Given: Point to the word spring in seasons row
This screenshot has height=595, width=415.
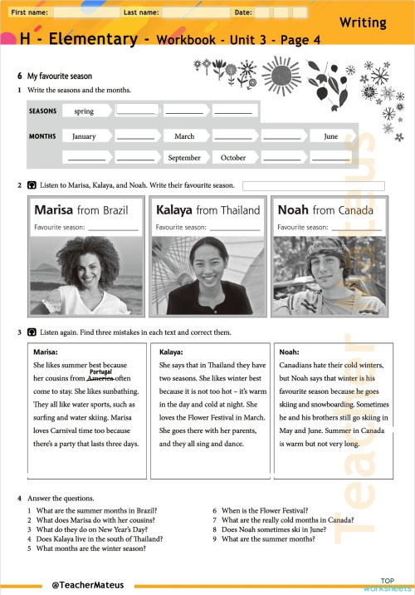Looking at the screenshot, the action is (x=84, y=111).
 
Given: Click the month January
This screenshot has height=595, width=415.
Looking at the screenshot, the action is (x=84, y=136).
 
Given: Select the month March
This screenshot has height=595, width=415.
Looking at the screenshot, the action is (x=184, y=136).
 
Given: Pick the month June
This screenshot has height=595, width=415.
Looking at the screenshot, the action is (x=330, y=136).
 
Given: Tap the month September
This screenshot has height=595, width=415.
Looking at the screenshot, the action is (x=184, y=157).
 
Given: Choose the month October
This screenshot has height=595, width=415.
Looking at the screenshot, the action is (x=233, y=157).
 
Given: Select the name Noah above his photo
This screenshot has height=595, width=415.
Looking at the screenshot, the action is (x=293, y=210).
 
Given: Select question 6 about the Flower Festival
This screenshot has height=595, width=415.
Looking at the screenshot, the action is (x=266, y=510).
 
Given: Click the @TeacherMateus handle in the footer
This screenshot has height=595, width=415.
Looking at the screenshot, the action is (x=87, y=585).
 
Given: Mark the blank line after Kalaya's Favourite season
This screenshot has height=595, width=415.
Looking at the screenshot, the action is (x=235, y=228).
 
